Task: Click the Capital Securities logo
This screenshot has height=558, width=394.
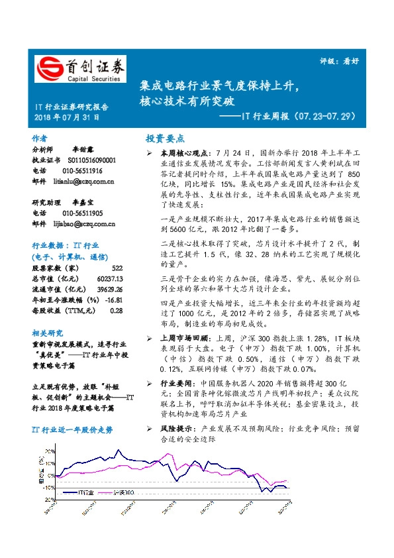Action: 80,69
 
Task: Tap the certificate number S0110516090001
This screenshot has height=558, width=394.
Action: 91,160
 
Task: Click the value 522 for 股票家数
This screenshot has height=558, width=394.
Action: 117,268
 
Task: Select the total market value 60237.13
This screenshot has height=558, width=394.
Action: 109,278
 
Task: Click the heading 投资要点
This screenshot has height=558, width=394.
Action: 165,139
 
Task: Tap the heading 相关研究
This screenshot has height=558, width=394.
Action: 47,333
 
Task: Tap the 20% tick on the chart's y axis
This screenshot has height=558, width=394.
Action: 50,451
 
